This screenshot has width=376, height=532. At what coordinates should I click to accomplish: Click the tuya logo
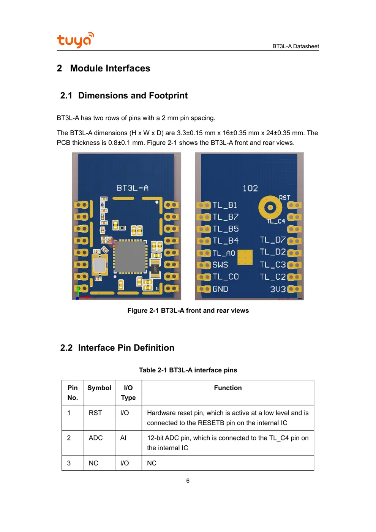[x=76, y=40]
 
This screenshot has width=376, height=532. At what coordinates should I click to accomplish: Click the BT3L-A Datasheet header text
[x=295, y=46]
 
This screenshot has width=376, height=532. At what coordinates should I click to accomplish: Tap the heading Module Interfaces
[x=110, y=68]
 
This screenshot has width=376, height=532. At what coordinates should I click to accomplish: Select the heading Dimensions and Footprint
[x=133, y=95]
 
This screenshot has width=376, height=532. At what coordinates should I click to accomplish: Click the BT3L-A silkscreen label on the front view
[x=133, y=188]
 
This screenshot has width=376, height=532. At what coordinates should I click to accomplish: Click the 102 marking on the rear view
[x=250, y=188]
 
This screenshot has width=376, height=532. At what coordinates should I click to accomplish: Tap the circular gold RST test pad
[x=270, y=207]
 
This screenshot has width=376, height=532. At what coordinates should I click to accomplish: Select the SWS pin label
[x=220, y=264]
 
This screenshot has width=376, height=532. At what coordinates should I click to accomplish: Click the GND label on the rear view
[x=220, y=289]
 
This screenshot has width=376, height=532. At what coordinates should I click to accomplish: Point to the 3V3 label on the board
[x=278, y=289]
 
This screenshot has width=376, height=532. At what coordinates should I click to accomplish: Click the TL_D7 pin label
[x=273, y=240]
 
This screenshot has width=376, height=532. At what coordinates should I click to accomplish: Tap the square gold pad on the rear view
[x=245, y=257]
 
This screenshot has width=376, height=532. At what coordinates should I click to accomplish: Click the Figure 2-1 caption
[x=188, y=311]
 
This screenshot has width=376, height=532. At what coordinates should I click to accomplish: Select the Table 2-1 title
[x=188, y=370]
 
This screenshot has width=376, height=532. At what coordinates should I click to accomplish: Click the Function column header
[x=228, y=388]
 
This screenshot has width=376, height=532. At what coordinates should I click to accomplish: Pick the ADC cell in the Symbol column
[x=96, y=438]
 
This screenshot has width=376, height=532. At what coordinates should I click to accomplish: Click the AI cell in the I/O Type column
[x=123, y=438]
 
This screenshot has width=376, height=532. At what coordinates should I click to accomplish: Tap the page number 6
[x=188, y=481]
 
